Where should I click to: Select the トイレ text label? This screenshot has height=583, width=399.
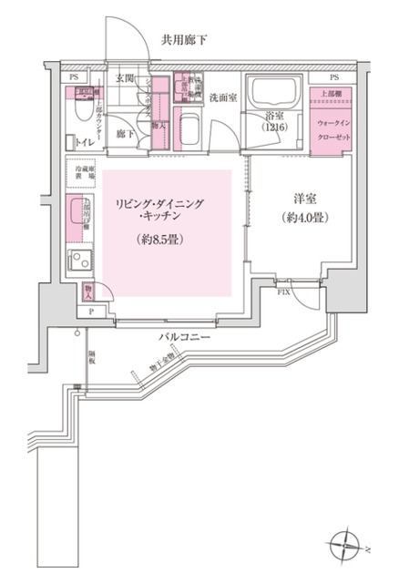coord(83,142)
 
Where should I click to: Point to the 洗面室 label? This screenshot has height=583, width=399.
coord(223,97)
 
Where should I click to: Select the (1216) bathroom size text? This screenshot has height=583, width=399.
coord(275,129)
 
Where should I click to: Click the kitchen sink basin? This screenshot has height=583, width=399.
coord(80,214)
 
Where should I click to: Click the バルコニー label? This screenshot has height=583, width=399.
coord(186,337)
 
